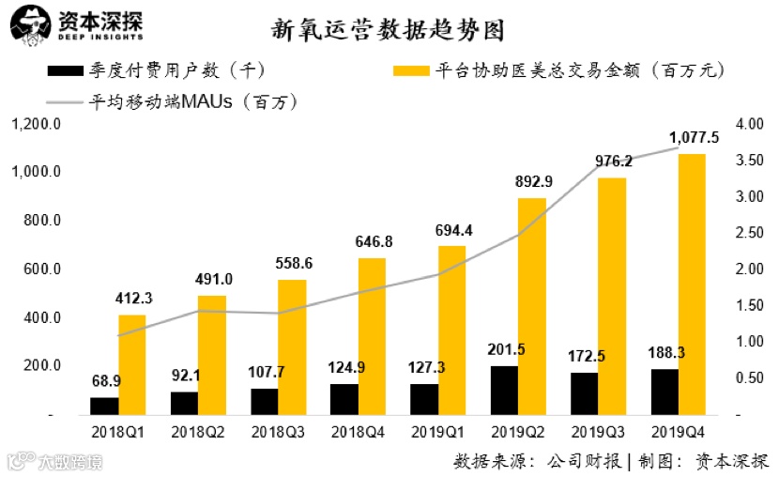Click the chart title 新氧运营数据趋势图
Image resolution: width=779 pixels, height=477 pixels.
tap(388, 31)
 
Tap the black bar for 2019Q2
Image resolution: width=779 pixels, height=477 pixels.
tap(504, 390)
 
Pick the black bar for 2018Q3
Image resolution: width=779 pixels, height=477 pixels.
tap(265, 401)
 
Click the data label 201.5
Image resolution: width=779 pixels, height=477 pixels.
tap(506, 350)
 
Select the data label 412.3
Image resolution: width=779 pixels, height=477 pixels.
tap(133, 299)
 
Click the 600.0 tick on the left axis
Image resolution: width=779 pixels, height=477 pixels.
tap(41, 269)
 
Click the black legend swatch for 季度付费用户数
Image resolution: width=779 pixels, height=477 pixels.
tap(66, 70)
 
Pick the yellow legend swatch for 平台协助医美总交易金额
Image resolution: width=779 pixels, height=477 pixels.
tap(411, 70)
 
